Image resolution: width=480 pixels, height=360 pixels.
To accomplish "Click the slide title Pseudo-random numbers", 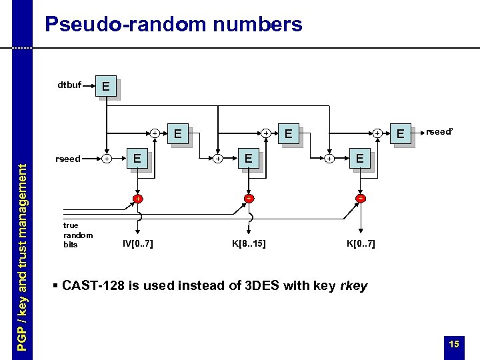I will pos(173,25).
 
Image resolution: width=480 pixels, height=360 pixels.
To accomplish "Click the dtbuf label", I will pos(69,85).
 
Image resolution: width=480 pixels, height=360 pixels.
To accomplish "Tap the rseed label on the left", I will pos(68,159).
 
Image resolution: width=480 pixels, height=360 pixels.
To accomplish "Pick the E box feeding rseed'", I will pos(401,134).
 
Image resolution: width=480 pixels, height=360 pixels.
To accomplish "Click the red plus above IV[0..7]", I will pos(137,199).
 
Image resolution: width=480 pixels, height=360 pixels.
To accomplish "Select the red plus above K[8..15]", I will pos(248,199).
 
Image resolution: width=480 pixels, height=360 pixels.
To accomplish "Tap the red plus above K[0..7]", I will pos(360,199).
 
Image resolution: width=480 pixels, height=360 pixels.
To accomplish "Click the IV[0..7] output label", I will pos(137,244).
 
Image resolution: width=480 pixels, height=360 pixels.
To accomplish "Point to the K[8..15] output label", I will pos(249,244).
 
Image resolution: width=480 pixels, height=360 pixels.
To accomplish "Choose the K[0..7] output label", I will pos(361,244).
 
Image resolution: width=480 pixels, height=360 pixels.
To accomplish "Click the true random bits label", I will pos(77,235).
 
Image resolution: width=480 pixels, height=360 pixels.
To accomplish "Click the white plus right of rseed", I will pos(107,159).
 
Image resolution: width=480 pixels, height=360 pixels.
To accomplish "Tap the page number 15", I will pos(454,344).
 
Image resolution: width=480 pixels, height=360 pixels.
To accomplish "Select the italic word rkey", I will pos(354,286).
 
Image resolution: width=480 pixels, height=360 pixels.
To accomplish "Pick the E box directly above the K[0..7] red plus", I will pos(360,159).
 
